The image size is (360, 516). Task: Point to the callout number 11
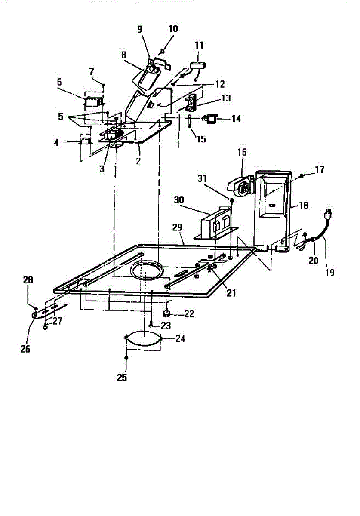pos(199,45)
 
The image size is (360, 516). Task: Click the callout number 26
pos(25,348)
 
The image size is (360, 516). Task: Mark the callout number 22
pos(189,313)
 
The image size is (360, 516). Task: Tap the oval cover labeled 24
pos(143,338)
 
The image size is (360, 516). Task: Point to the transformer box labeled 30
pos(214,224)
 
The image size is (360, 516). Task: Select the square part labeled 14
pos(212,118)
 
